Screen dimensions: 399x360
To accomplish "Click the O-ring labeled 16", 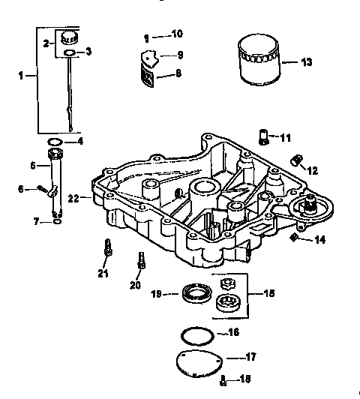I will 196,332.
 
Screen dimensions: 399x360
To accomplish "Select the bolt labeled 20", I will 140,262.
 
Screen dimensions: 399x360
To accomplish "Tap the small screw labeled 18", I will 223,381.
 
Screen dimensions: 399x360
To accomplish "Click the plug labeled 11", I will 263,136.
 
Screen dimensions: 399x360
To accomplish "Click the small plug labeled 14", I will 294,238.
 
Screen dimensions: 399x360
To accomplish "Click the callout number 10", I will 177,34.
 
